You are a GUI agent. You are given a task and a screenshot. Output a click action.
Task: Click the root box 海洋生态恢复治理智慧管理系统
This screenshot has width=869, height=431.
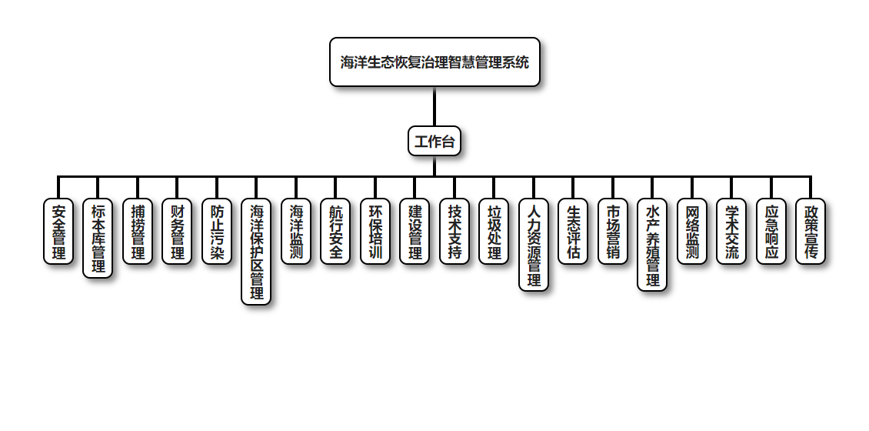click(434, 62)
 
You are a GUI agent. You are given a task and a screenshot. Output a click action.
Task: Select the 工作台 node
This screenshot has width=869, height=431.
click(434, 141)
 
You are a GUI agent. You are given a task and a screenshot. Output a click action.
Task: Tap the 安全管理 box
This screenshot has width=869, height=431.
click(58, 232)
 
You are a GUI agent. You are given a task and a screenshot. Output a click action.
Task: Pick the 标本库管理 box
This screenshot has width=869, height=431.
click(98, 238)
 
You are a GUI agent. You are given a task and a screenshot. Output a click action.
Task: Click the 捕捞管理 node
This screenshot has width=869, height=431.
click(138, 232)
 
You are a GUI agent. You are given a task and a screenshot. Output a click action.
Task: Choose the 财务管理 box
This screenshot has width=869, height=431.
click(177, 232)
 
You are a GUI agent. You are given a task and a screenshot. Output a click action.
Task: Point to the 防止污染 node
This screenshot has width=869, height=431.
click(217, 232)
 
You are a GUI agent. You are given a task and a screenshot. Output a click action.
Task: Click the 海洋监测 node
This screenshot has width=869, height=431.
click(296, 232)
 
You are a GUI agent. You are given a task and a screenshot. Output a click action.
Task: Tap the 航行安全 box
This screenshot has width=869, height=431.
click(335, 232)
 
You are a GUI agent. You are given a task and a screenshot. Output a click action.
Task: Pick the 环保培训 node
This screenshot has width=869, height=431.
click(375, 232)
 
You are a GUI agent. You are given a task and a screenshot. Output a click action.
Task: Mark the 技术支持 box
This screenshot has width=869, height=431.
click(454, 232)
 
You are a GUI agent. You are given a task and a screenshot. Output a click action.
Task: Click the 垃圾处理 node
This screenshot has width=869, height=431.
click(494, 232)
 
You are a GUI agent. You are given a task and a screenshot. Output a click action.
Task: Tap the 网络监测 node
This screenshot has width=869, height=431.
click(692, 232)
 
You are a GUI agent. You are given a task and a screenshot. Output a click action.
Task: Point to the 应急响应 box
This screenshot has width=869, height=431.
click(771, 232)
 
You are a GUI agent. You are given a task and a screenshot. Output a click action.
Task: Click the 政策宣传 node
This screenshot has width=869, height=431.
click(811, 232)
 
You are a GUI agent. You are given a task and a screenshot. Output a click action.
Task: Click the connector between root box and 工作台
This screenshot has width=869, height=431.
click(434, 106)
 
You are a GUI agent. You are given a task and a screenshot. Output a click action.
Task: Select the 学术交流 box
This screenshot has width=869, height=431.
click(731, 232)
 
